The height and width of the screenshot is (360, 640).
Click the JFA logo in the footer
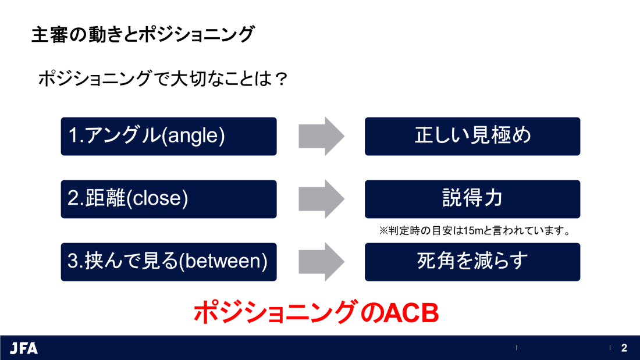pyautogui.click(x=24, y=348)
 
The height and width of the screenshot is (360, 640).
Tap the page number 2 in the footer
pyautogui.click(x=624, y=348)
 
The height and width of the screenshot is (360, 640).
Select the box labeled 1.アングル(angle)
pyautogui.click(x=169, y=136)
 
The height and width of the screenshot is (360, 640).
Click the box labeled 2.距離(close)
pyautogui.click(x=169, y=199)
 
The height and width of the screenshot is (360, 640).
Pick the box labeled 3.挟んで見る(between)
pyautogui.click(x=169, y=262)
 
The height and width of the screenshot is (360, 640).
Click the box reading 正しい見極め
pyautogui.click(x=472, y=136)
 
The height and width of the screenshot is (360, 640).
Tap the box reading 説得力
pyautogui.click(x=472, y=199)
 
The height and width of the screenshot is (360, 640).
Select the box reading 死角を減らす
pyautogui.click(x=472, y=262)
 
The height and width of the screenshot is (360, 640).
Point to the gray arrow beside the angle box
pyautogui.click(x=322, y=136)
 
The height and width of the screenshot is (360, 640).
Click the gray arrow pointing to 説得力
pyautogui.click(x=322, y=199)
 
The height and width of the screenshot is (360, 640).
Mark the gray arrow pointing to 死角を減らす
pyautogui.click(x=322, y=262)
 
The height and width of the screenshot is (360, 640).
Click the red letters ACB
pyautogui.click(x=411, y=313)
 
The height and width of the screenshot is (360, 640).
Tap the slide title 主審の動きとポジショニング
pyautogui.click(x=143, y=34)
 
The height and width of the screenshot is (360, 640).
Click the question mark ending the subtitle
pyautogui.click(x=281, y=79)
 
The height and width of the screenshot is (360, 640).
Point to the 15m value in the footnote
pyautogui.click(x=473, y=231)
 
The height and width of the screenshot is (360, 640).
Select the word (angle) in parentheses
pyautogui.click(x=193, y=136)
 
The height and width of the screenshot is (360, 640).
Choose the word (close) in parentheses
pyautogui.click(x=157, y=198)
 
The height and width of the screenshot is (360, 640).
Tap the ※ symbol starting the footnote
pyautogui.click(x=383, y=231)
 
